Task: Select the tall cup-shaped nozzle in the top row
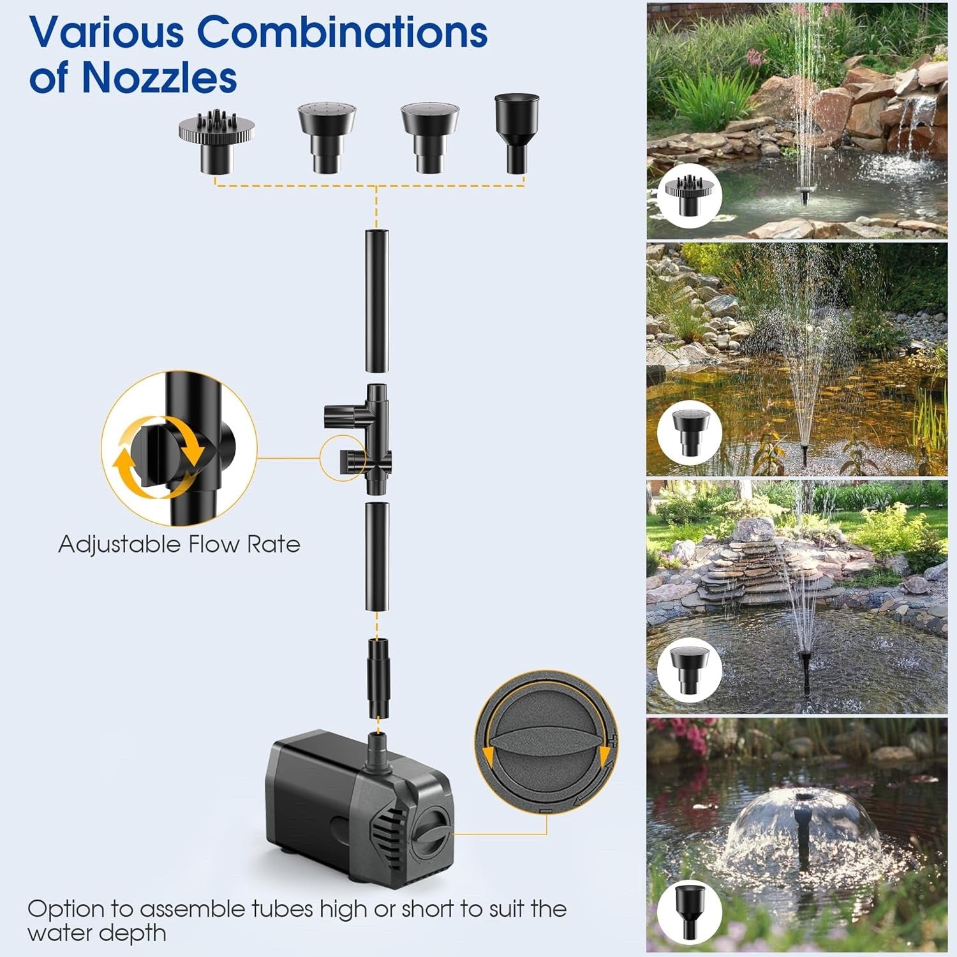pyautogui.click(x=516, y=133)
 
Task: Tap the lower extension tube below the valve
pyautogui.click(x=377, y=556)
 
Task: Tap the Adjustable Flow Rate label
pyautogui.click(x=179, y=544)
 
